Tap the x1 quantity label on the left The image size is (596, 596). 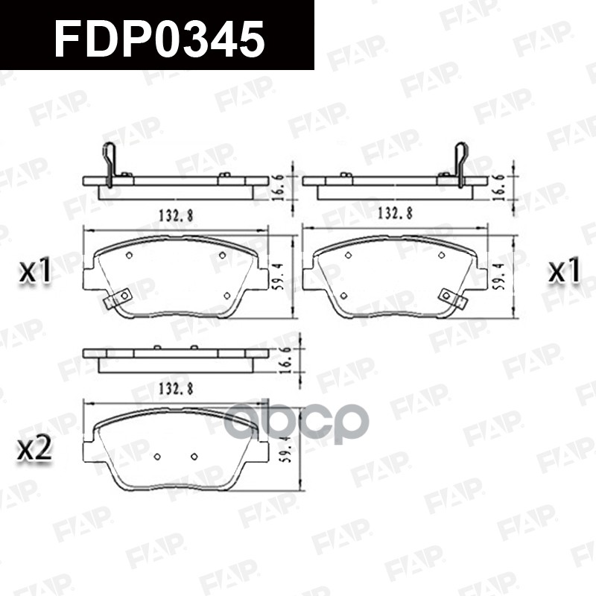tap(35, 273)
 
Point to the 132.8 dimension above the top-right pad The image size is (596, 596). tap(396, 214)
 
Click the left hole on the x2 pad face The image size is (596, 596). tap(157, 456)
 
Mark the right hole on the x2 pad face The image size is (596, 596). tap(194, 456)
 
